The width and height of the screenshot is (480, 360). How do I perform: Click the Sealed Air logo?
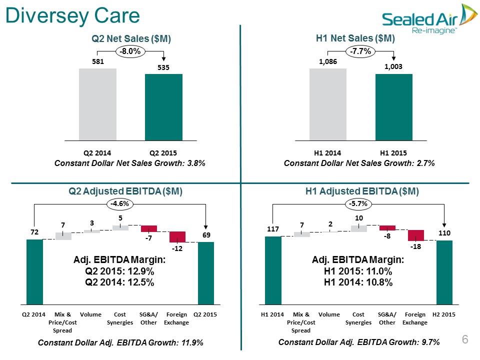point(429,19)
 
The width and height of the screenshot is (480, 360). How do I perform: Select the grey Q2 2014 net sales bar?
point(97,104)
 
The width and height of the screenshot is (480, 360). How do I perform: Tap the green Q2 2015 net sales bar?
point(164,107)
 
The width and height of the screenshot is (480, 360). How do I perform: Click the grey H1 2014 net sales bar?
point(328,104)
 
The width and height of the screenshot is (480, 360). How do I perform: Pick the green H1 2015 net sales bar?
point(394,107)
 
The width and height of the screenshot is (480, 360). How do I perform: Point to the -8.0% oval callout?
point(130,51)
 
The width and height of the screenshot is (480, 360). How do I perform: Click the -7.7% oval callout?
point(360,51)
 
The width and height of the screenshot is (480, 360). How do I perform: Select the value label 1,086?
point(328,61)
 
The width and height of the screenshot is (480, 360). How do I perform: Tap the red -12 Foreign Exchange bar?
point(177,237)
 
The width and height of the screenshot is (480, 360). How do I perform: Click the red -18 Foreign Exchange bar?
point(416,235)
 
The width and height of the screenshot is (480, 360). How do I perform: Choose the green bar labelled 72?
point(34,272)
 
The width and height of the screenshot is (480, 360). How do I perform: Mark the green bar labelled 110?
point(444,272)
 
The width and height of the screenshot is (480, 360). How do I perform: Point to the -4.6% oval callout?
point(119,204)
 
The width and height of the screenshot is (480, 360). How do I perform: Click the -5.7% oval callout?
point(358,204)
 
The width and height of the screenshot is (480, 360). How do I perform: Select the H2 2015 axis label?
point(444,314)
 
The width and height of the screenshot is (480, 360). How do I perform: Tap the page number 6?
point(465,339)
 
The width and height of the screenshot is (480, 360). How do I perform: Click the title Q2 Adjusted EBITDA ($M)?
point(125,191)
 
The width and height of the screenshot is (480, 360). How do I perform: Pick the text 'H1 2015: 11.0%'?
point(358,271)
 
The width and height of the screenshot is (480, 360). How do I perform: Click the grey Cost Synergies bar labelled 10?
point(359,228)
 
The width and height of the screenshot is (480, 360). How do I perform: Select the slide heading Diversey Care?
point(72,15)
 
